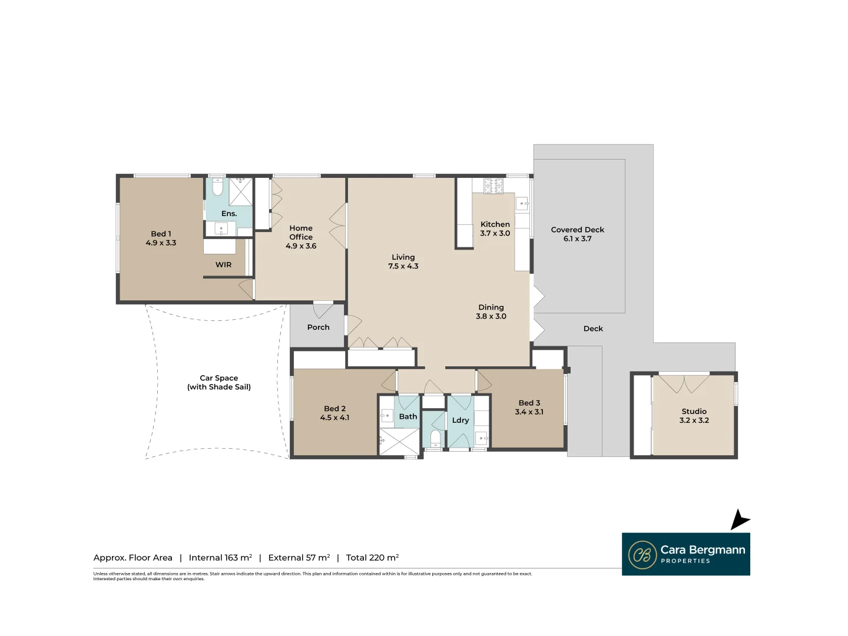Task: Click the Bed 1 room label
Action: (161, 234)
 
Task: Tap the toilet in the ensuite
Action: (217, 187)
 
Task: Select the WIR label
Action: (223, 264)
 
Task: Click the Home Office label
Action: (301, 233)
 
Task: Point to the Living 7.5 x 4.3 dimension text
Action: (403, 266)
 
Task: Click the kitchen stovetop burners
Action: (493, 185)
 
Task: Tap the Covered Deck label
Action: (577, 230)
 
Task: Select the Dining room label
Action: (491, 307)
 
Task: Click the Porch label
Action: (319, 327)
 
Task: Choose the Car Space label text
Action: (218, 377)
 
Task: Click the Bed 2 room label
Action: (334, 408)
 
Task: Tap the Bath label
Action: (408, 416)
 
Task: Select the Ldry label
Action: (461, 420)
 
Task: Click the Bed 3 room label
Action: (529, 403)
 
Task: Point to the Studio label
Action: (694, 411)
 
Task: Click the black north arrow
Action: (740, 520)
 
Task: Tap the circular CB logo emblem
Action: (642, 555)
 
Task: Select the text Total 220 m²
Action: (372, 557)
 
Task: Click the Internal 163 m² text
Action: (220, 557)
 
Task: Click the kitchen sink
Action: (522, 203)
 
